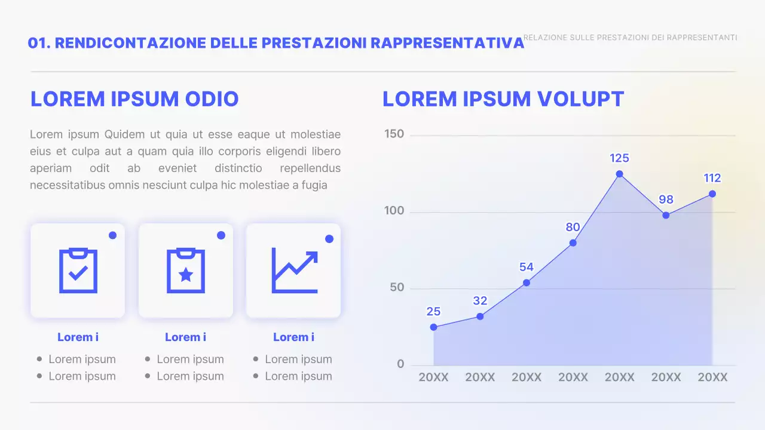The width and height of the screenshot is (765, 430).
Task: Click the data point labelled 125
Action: pyautogui.click(x=619, y=174)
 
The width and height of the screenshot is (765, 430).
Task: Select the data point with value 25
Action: pyautogui.click(x=433, y=327)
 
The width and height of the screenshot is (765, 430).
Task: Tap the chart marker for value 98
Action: pyautogui.click(x=666, y=215)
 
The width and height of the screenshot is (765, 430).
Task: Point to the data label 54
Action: pyautogui.click(x=526, y=267)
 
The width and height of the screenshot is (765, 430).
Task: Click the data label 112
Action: pyautogui.click(x=712, y=178)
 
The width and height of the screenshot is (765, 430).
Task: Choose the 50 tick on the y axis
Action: pyautogui.click(x=396, y=288)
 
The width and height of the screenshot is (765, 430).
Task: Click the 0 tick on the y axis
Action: pyautogui.click(x=400, y=364)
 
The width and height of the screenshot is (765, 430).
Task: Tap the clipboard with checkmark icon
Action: pyautogui.click(x=78, y=271)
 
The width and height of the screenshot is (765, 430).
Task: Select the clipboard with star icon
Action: pyautogui.click(x=186, y=271)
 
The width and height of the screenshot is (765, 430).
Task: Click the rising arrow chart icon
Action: pyautogui.click(x=294, y=271)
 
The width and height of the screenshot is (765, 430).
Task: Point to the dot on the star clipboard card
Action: pyautogui.click(x=221, y=235)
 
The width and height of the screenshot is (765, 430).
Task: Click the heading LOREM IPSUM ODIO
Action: pyautogui.click(x=134, y=99)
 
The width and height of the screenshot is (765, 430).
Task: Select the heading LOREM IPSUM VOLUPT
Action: pyautogui.click(x=503, y=99)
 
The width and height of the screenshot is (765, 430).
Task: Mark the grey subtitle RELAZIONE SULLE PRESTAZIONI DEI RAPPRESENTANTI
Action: pyautogui.click(x=630, y=38)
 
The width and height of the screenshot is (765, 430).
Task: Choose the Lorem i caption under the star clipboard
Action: pyautogui.click(x=185, y=337)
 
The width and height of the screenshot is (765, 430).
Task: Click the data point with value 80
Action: pyautogui.click(x=573, y=242)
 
